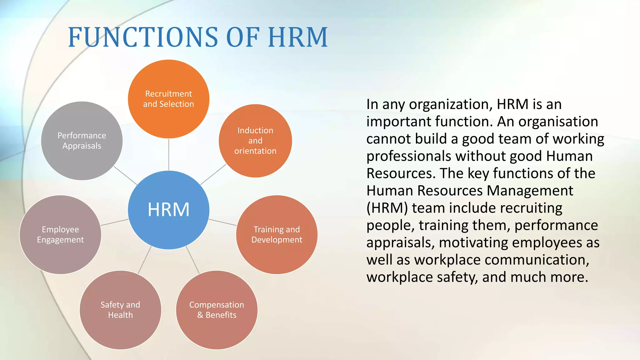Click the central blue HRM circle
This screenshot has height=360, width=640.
[x=168, y=210]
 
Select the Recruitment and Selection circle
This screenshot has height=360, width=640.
[x=168, y=99]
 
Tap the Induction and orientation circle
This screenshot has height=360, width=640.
[x=255, y=141]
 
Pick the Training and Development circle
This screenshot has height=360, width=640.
[x=277, y=234]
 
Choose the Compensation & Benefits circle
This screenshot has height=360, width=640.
[x=217, y=310]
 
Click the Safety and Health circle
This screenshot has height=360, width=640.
[x=120, y=310]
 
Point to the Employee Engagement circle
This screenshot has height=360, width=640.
[x=60, y=234]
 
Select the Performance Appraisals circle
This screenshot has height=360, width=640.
[x=82, y=141]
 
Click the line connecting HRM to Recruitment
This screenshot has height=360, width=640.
[x=169, y=154]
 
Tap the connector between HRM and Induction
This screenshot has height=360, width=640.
[x=213, y=174]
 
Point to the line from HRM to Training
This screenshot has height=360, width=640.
[x=222, y=222]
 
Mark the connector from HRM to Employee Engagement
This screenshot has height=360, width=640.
[x=114, y=222]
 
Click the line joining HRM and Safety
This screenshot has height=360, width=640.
[x=145, y=260]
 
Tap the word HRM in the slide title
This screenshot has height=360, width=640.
[x=298, y=37]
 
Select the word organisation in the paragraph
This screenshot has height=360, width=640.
[x=558, y=122]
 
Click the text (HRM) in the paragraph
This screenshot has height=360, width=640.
[x=387, y=208]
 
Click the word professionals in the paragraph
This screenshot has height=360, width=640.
[x=409, y=156]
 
